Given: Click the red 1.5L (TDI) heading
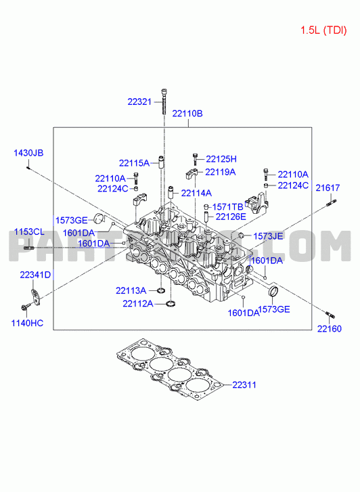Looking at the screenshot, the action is coord(323,30).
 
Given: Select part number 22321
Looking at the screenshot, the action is coord(139,102).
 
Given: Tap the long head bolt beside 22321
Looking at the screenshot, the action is coord(164,102).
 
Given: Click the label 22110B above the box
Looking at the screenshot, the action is coord(187,114).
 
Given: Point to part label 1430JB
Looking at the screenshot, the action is coord(28,153).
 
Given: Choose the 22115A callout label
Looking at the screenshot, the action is coord(134,163).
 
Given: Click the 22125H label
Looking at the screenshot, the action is coord(221,159).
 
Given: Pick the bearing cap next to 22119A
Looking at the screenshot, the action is coord(192,173).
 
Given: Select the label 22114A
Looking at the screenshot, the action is coord(196,194).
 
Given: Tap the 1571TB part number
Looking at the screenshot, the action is coord(228,207).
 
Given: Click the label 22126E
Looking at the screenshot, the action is coord(231,217).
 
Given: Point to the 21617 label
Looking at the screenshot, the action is coord(328,188).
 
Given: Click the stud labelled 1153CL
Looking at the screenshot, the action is coord(29,248).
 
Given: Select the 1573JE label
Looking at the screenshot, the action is coord(269,236).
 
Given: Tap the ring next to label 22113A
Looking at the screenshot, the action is coord(161,290).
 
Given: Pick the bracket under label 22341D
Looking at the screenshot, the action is coord(35,296).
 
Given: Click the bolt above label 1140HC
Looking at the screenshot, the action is coord(26,306).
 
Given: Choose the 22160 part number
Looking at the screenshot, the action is coord(330,329).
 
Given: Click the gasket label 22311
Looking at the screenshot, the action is coord(244,384).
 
